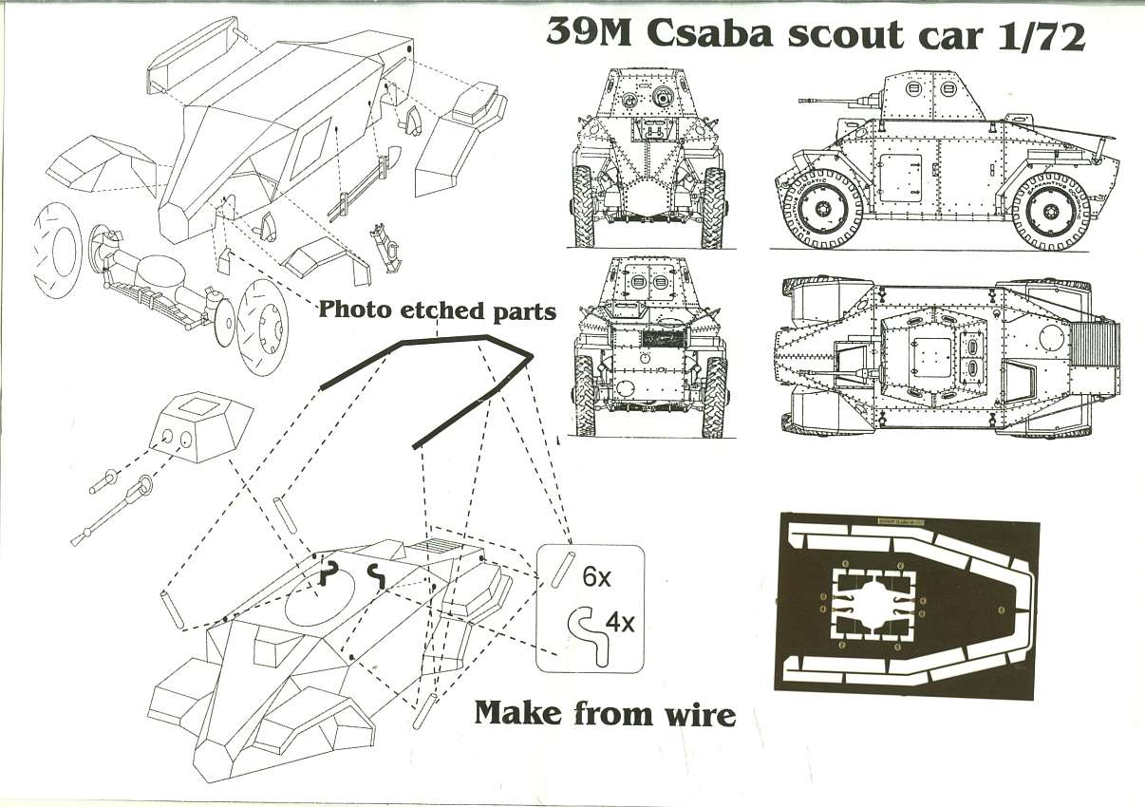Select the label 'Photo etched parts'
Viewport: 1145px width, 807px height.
click(x=437, y=310)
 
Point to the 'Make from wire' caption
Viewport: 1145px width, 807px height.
click(x=605, y=712)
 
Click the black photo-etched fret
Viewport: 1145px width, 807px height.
click(x=907, y=605)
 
